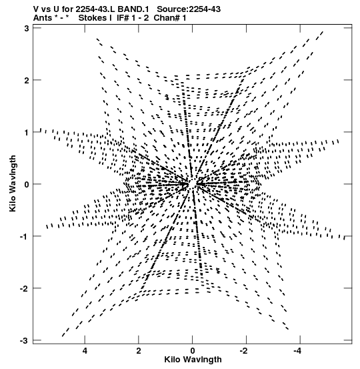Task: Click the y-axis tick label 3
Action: pyautogui.click(x=27, y=28)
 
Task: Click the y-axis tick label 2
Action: pyautogui.click(x=27, y=81)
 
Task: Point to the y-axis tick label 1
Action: pyautogui.click(x=27, y=133)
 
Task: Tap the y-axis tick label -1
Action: pyautogui.click(x=25, y=236)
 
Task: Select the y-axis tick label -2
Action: pyautogui.click(x=25, y=289)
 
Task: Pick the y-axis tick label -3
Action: pyautogui.click(x=25, y=341)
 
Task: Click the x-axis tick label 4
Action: pyautogui.click(x=85, y=351)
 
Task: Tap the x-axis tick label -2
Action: pyautogui.click(x=244, y=351)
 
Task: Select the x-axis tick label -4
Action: pyautogui.click(x=298, y=351)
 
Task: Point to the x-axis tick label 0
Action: pyautogui.click(x=193, y=351)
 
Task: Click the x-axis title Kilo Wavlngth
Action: pyautogui.click(x=193, y=360)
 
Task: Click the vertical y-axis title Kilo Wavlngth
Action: pyautogui.click(x=13, y=183)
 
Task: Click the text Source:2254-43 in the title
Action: pyautogui.click(x=189, y=9)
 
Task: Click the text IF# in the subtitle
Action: pyautogui.click(x=123, y=18)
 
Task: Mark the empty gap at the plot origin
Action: pyautogui.click(x=193, y=183)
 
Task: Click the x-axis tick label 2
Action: pyautogui.click(x=139, y=351)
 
